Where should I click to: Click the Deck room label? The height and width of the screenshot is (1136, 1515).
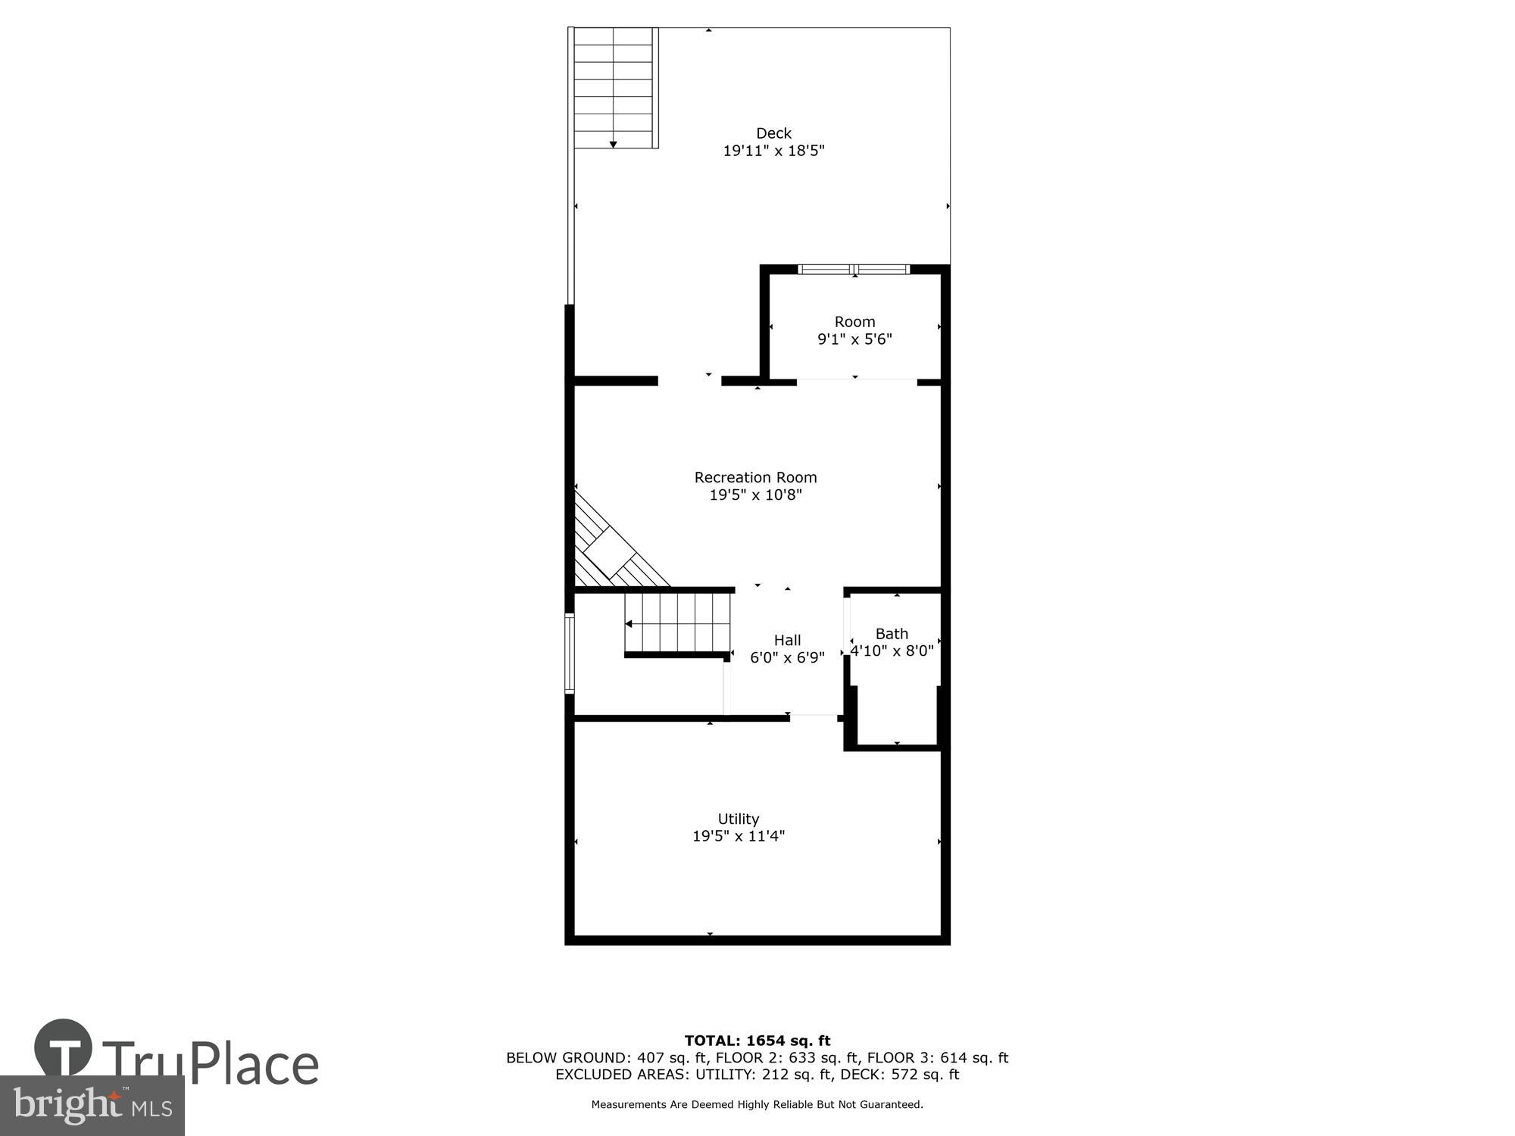tap(773, 133)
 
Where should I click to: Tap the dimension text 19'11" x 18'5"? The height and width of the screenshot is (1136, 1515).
tap(773, 151)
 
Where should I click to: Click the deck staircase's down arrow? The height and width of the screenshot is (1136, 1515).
tap(613, 144)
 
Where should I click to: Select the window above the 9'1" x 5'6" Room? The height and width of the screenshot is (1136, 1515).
tap(854, 269)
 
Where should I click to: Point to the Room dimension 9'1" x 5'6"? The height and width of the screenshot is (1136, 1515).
tap(854, 339)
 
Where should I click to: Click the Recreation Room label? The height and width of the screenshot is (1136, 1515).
tap(755, 477)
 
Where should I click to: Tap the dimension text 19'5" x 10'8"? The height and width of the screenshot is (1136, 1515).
tap(755, 495)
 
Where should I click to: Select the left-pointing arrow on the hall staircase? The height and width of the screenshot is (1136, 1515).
tap(629, 624)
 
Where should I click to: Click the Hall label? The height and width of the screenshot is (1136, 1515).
tap(787, 640)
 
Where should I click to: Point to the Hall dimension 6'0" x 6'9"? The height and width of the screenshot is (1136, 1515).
tap(787, 658)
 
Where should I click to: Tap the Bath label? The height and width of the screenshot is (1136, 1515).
tap(892, 633)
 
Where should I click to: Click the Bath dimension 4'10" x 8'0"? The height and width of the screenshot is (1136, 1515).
tap(892, 651)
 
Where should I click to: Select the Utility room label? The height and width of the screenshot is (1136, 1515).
tap(738, 819)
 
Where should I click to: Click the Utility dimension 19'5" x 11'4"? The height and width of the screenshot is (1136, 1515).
tap(738, 836)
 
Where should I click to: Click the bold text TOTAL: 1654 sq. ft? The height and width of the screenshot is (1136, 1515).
tap(757, 1041)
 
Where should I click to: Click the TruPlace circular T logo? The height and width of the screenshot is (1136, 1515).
tap(64, 1047)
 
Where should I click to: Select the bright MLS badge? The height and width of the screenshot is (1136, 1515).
tap(92, 1106)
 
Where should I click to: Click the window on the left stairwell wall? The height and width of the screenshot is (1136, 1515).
tap(570, 654)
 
